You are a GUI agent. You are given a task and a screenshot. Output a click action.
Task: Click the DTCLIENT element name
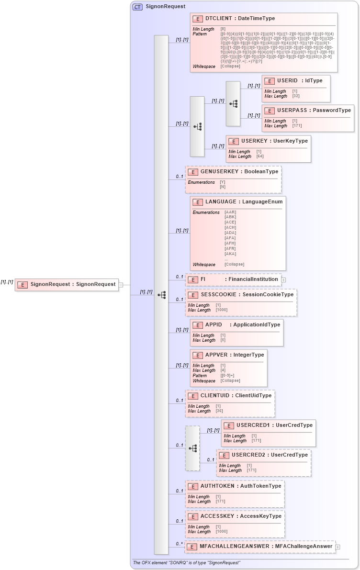[x=220, y=18]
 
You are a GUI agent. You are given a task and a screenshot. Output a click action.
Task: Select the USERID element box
[x=296, y=88]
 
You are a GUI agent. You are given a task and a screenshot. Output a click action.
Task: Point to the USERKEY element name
[x=254, y=141]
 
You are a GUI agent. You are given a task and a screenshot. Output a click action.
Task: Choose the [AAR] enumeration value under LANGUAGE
[x=230, y=212]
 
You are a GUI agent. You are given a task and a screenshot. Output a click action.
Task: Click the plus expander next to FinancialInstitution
[x=283, y=279]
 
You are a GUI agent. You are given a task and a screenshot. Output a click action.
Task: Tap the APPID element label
[x=214, y=325]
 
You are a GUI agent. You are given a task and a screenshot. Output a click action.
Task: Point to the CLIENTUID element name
[x=219, y=395]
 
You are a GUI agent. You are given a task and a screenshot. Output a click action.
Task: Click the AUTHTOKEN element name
[x=218, y=486]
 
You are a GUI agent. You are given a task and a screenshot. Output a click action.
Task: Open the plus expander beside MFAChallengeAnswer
[x=338, y=547]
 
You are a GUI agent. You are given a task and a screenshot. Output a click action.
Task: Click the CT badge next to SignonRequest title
[x=137, y=7]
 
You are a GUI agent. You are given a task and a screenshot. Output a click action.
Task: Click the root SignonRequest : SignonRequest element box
[x=67, y=284]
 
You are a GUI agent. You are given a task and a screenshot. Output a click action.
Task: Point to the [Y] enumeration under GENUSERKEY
[x=222, y=182]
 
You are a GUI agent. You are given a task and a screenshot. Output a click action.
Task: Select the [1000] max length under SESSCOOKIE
[x=221, y=310]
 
